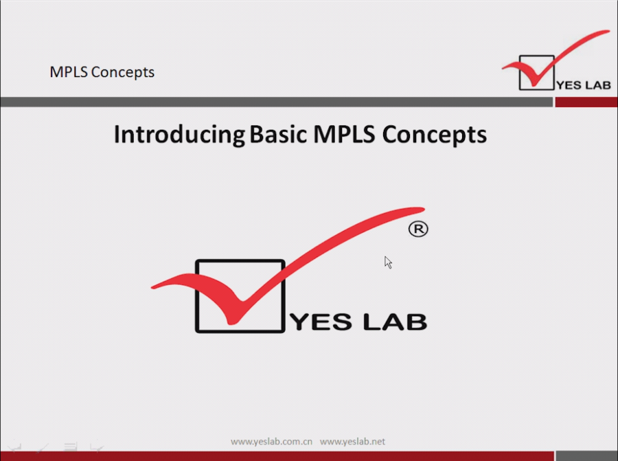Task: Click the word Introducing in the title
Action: coord(179,135)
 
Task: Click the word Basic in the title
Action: coord(278,134)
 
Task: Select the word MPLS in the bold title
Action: coord(344,134)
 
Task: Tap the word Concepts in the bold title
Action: coord(435,135)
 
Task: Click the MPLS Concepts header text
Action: coord(102,72)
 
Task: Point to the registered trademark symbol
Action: coord(418,229)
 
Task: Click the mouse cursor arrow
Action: coord(388,262)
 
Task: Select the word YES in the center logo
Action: coord(321,322)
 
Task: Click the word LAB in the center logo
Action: coord(395,322)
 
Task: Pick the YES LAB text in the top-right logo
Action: coord(583,85)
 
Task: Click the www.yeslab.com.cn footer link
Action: coord(271,442)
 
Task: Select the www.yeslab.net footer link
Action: coord(352,442)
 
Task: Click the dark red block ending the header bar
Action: coord(586,102)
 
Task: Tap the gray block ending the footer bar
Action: coord(586,456)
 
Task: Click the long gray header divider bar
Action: coord(276,102)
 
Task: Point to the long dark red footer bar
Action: coord(277,456)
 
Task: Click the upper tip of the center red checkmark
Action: coord(423,209)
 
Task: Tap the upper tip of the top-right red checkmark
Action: coord(609,31)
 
